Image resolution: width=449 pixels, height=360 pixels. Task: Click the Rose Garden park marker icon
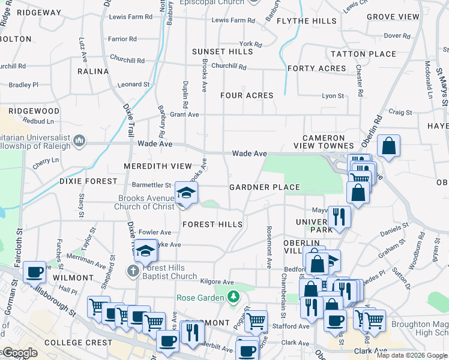tap(234, 296)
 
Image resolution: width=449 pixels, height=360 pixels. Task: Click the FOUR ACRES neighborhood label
tap(247, 95)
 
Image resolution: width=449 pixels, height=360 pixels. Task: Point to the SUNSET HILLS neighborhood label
tap(222, 52)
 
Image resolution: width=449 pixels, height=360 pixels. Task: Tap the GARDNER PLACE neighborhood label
tap(265, 187)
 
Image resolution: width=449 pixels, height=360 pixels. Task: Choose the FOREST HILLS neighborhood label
tap(212, 224)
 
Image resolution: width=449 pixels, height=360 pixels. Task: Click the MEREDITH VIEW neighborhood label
tap(158, 166)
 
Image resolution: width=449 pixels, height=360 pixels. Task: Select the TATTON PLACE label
tap(364, 54)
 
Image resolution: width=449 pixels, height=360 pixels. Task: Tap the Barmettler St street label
tap(151, 185)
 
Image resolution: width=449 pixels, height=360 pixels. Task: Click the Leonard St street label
tap(133, 85)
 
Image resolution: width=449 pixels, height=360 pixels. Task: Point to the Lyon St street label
tap(333, 96)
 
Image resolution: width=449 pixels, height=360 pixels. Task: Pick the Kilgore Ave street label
tap(217, 281)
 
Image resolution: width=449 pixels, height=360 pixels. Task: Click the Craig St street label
tap(400, 112)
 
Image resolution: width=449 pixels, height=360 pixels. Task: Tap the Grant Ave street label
tap(184, 115)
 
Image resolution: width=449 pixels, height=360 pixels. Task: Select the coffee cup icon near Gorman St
tap(34, 272)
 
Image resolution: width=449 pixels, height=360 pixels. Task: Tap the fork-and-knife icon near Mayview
tap(339, 216)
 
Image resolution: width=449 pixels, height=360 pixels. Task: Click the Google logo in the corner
tap(19, 353)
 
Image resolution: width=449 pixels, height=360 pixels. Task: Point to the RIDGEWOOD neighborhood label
tap(33, 112)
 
